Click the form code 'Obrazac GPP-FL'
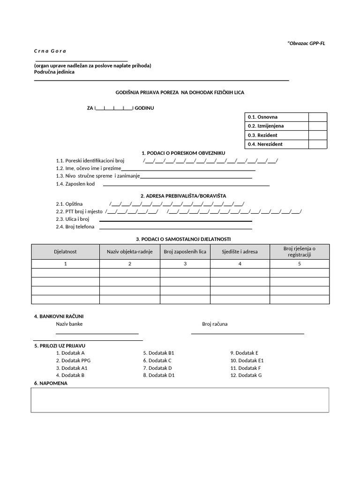click(307, 44)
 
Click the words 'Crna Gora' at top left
click(50, 51)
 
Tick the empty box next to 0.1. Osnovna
click(317, 117)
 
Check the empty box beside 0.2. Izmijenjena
click(317, 126)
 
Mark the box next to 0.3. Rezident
click(317, 135)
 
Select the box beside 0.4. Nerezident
click(317, 144)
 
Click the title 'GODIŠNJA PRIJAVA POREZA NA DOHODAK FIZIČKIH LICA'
click(180, 93)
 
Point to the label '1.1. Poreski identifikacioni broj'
click(90, 161)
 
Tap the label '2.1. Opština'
click(69, 204)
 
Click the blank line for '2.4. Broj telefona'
click(176, 228)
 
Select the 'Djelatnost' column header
click(66, 252)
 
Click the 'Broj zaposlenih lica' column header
click(185, 252)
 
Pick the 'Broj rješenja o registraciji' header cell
click(300, 252)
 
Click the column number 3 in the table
click(185, 264)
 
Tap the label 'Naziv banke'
click(69, 324)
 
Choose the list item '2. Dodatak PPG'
click(73, 360)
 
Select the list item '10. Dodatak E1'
click(247, 360)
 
